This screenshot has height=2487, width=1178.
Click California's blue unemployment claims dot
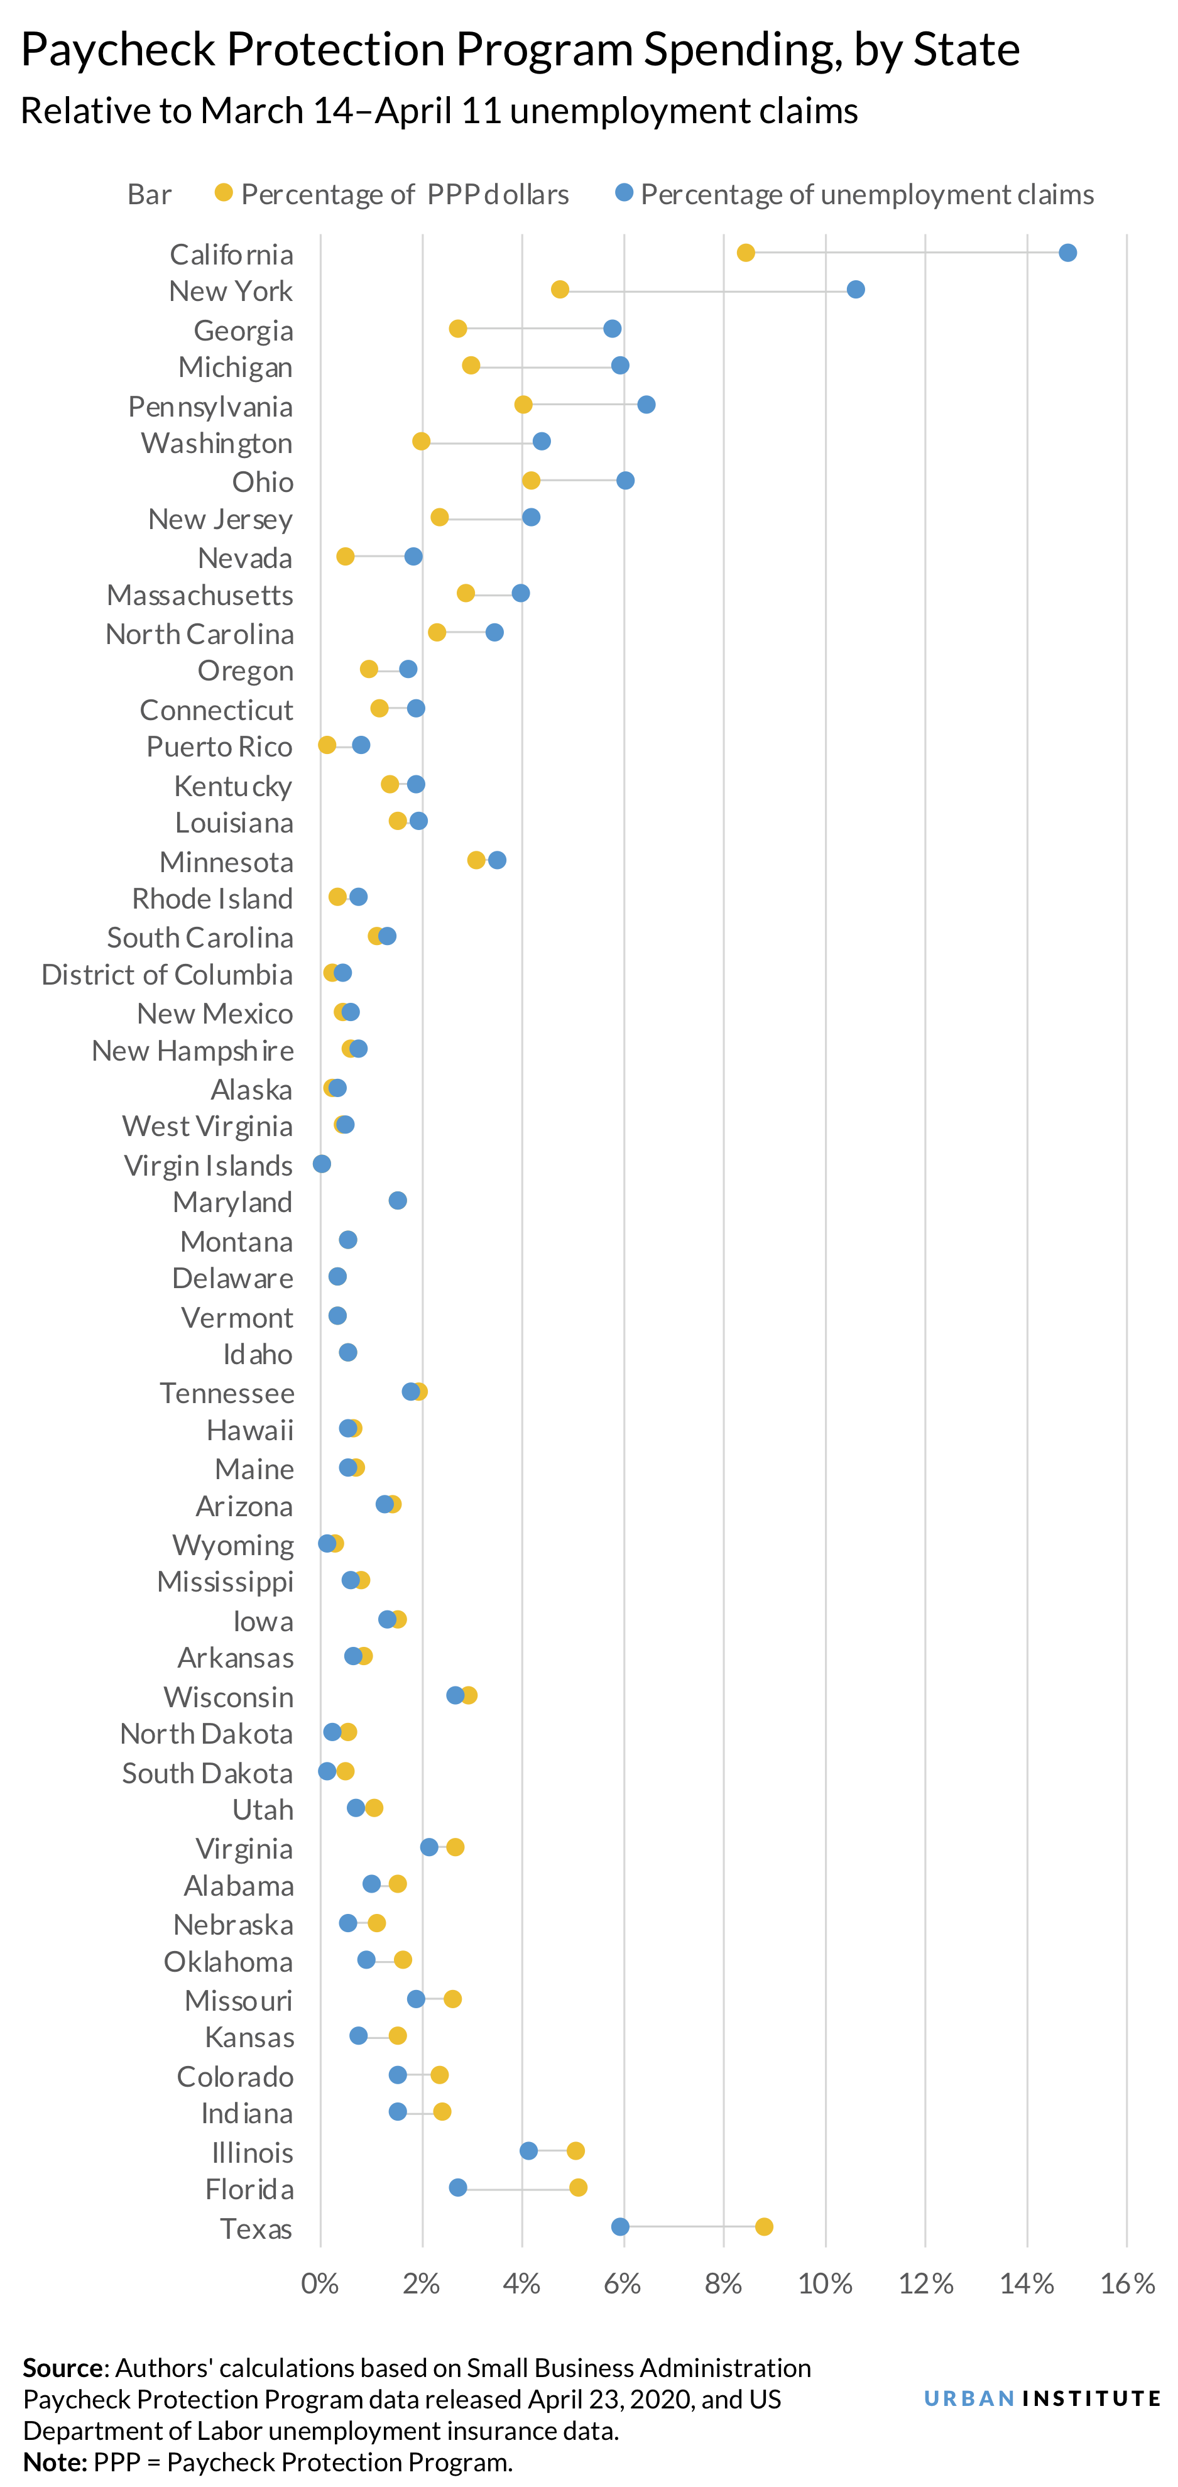[x=1067, y=253]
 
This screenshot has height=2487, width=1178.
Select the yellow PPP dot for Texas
[x=764, y=2226]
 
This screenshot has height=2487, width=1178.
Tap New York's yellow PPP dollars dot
[x=560, y=290]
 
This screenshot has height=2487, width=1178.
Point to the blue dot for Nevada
[x=413, y=556]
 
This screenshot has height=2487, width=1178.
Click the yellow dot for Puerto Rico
[x=327, y=745]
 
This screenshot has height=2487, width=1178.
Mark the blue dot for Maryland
[x=398, y=1200]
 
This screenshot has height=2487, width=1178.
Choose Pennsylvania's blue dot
[x=646, y=405]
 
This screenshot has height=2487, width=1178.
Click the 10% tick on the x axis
[x=824, y=2284]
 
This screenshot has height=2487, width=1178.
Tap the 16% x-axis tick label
[x=1127, y=2284]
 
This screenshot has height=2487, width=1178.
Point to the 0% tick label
[x=320, y=2284]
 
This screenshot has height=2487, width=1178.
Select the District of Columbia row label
[x=167, y=974]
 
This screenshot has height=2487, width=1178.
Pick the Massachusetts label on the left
[x=200, y=594]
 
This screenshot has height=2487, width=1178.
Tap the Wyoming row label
[x=232, y=1544]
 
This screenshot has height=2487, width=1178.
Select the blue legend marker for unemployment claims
[x=624, y=193]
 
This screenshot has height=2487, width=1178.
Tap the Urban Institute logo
[x=1042, y=2398]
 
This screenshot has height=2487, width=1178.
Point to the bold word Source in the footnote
[x=63, y=2367]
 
